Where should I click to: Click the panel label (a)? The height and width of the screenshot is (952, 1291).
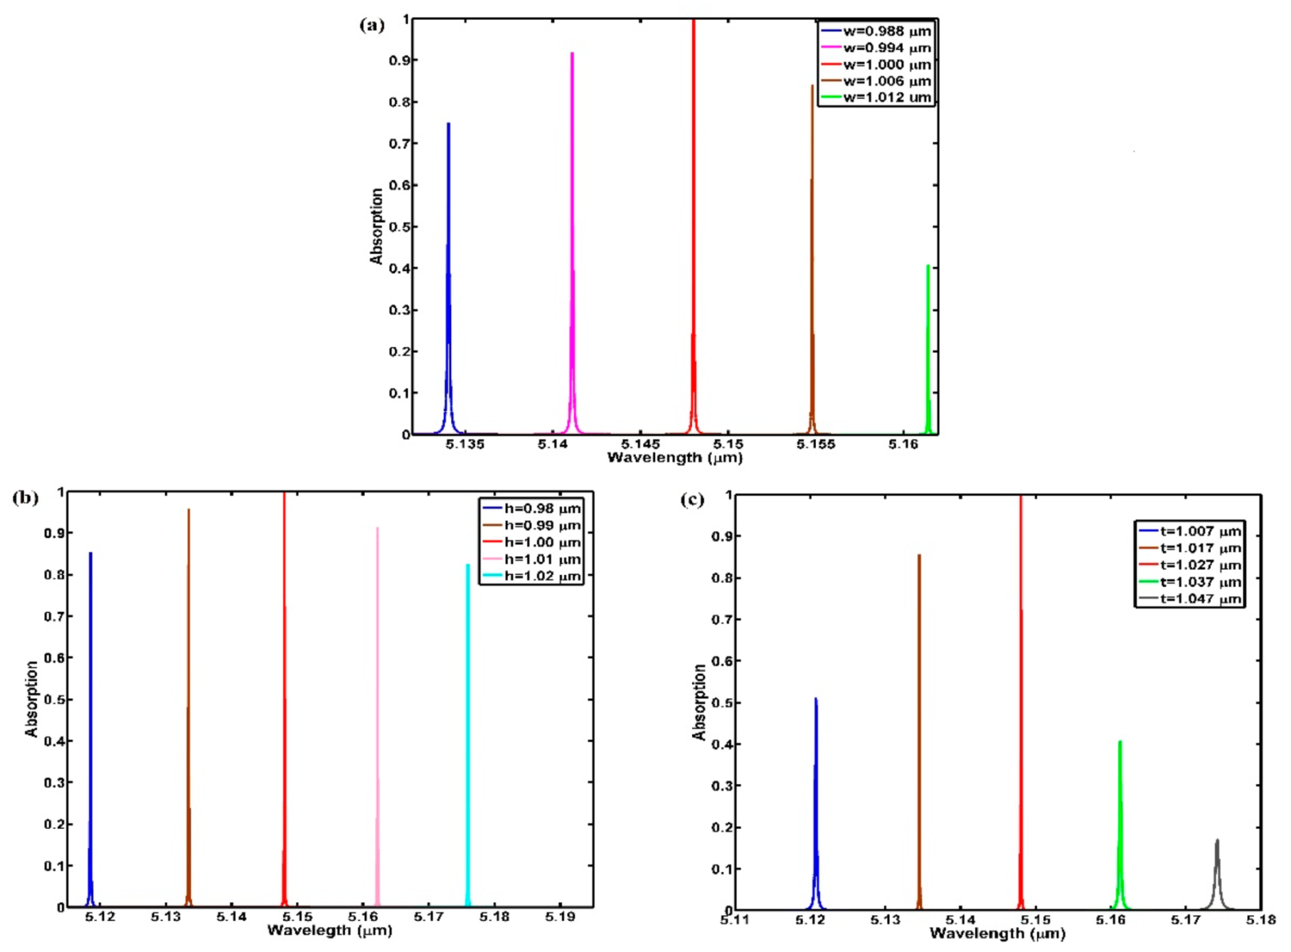(x=372, y=26)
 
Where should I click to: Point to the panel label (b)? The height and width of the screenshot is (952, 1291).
(x=25, y=498)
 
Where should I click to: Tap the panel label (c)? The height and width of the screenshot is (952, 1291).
(x=692, y=500)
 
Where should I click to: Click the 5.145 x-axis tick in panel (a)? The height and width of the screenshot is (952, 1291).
(x=641, y=444)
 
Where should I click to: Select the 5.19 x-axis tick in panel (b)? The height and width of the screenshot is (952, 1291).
(x=560, y=917)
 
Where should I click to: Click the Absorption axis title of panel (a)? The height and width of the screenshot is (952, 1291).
(x=376, y=226)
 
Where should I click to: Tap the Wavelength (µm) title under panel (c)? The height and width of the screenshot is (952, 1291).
(x=997, y=934)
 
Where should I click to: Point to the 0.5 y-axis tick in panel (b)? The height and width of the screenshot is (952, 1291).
(x=54, y=699)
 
